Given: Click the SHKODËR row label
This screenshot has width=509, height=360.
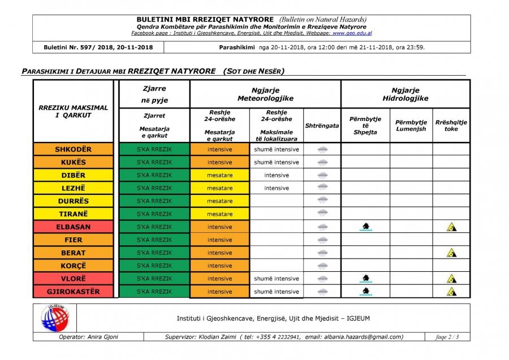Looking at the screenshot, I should click(x=73, y=150).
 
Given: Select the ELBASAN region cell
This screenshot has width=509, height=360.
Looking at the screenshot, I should click(x=73, y=227).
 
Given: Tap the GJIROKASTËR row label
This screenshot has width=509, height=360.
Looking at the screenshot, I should click(x=73, y=292).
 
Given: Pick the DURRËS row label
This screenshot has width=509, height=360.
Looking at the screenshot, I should click(x=73, y=201).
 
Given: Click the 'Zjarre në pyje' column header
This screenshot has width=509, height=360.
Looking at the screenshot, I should click(x=154, y=94).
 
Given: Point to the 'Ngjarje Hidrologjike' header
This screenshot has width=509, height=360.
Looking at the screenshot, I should click(x=405, y=94).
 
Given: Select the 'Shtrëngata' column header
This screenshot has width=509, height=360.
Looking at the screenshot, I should click(x=322, y=125).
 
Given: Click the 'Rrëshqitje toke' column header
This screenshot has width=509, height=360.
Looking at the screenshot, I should click(x=451, y=125).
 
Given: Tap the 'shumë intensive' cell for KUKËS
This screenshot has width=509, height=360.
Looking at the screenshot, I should click(x=276, y=163).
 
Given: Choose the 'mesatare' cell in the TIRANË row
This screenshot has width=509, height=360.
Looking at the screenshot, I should click(x=219, y=214).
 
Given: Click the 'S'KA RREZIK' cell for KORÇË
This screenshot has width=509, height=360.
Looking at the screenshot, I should click(x=154, y=266).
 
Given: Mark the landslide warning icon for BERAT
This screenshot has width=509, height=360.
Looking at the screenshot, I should click(x=451, y=253).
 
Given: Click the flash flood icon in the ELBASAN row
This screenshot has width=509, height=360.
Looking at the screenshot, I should click(x=365, y=227).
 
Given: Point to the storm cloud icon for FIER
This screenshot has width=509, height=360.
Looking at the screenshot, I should click(x=322, y=240).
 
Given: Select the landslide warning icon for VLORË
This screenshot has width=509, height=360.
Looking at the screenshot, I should click(x=451, y=279).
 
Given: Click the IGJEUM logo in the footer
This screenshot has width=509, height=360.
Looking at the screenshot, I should click(x=54, y=318).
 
